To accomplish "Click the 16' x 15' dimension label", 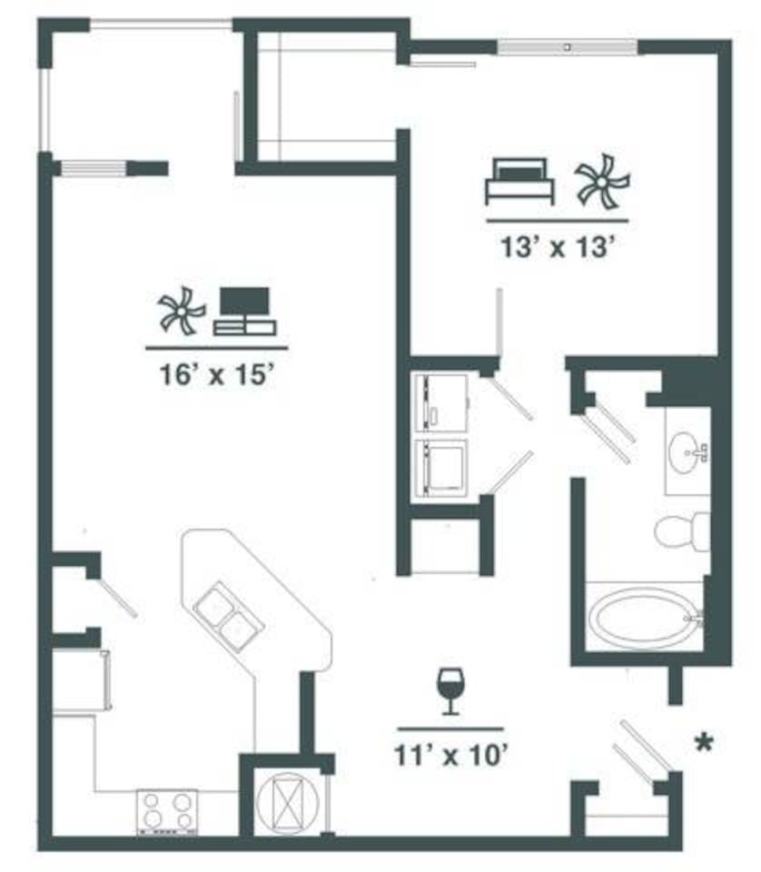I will (216, 374).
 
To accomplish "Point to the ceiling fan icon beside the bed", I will (600, 180).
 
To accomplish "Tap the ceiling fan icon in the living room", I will (181, 312).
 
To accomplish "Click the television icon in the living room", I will (246, 312).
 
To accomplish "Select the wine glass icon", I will (450, 690).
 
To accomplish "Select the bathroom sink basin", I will (687, 449).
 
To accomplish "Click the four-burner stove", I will (168, 811).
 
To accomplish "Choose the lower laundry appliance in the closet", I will (440, 469).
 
